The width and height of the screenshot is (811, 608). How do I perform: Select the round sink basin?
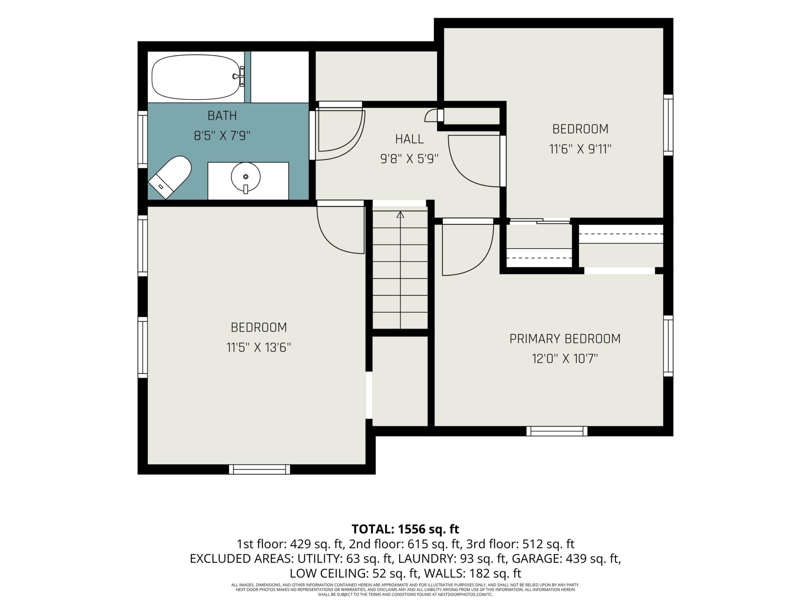(246, 177)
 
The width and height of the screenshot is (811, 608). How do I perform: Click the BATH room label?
(222, 116)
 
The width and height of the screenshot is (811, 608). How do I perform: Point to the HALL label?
(409, 139)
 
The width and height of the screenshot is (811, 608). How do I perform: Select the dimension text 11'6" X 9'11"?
(580, 149)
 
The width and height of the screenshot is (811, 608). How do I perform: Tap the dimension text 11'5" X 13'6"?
(259, 347)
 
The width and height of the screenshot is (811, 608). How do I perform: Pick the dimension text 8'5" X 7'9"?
(222, 136)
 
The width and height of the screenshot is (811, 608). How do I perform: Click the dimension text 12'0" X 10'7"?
(565, 358)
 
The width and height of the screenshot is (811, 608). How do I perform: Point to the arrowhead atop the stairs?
(400, 215)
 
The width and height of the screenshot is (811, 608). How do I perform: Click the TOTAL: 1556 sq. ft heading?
(405, 529)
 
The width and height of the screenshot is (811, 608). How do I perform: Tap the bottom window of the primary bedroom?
(557, 431)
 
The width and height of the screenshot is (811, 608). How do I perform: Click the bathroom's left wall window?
(143, 139)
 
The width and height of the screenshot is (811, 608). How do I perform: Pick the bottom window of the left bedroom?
(259, 470)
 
